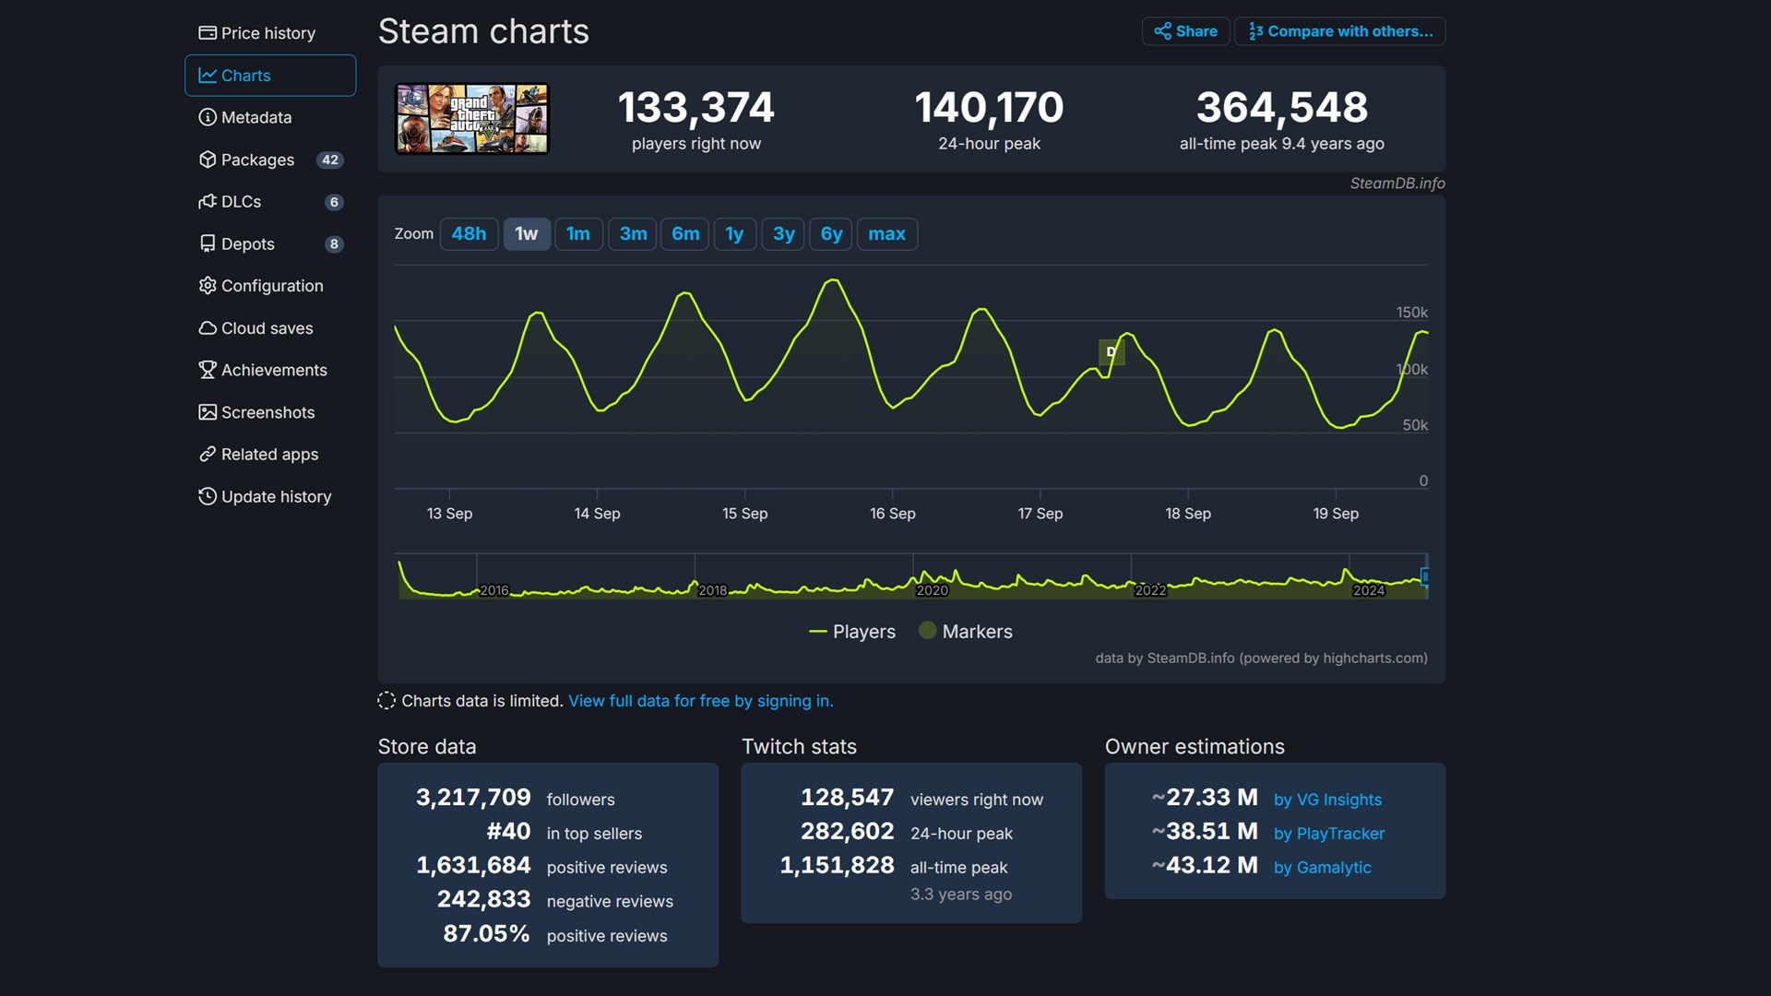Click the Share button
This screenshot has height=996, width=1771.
click(1185, 31)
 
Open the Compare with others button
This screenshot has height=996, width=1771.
click(1340, 31)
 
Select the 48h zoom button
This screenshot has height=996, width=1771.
click(469, 234)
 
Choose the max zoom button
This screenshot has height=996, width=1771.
click(886, 234)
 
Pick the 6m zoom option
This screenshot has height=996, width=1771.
click(684, 234)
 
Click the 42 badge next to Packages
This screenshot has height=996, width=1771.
click(329, 160)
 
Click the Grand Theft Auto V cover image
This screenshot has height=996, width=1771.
click(471, 118)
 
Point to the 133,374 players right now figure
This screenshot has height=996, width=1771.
click(695, 108)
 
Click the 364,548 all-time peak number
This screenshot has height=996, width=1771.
click(1281, 108)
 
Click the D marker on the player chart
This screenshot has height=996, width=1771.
click(1111, 351)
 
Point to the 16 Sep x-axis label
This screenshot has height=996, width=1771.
click(892, 514)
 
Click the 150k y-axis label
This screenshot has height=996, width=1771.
click(1411, 313)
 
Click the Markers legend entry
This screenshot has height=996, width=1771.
click(966, 632)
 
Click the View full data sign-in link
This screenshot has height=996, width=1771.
click(700, 701)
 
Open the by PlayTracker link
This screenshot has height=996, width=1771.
click(1328, 834)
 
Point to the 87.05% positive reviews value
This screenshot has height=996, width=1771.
click(486, 933)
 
